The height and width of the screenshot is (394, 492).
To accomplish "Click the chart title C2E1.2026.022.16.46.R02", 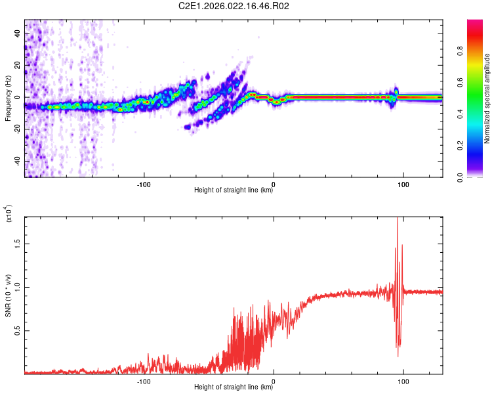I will tap(234, 7).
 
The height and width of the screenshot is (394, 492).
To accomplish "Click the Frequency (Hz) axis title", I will tap(7, 98).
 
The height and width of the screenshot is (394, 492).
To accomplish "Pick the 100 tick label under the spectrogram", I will tap(403, 184).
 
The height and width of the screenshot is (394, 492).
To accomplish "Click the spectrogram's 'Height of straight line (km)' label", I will tap(234, 190).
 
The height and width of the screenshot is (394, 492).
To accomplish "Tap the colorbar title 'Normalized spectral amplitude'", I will tap(487, 98).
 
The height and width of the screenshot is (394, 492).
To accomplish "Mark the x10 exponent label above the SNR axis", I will tap(10, 213).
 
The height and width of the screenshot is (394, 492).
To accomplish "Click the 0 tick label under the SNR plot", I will tap(274, 381).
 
